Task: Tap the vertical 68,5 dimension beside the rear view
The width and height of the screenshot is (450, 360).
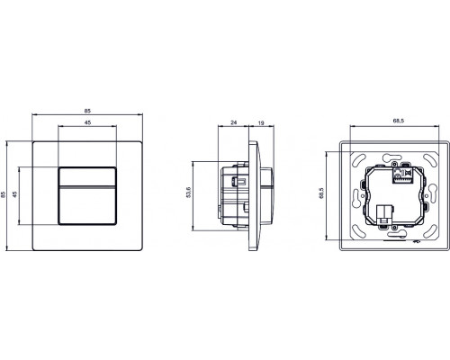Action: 325,193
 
